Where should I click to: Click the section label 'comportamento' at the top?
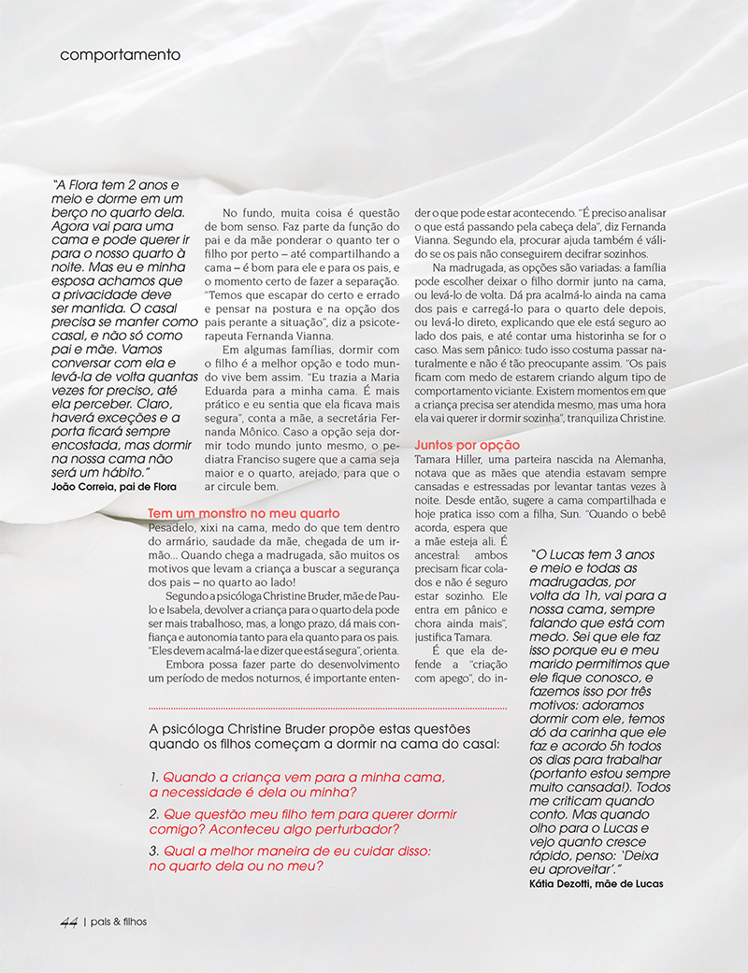point(120,54)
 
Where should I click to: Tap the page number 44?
point(68,922)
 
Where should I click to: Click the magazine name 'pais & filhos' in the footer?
point(118,922)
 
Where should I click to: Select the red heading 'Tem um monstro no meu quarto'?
point(244,514)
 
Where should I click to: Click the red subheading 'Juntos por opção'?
point(467,446)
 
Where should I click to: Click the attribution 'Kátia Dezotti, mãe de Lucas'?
point(589,883)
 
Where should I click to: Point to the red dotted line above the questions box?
point(327,708)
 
